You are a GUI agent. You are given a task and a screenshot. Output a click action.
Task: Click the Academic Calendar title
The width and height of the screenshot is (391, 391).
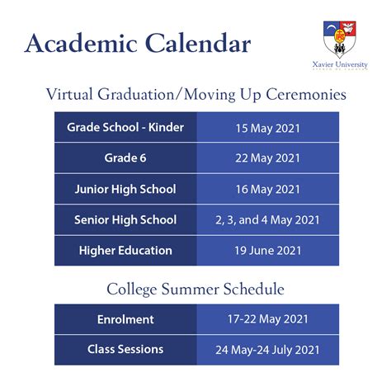point(138,43)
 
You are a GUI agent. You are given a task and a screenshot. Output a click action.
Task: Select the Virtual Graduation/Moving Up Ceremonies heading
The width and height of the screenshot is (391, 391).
point(195,95)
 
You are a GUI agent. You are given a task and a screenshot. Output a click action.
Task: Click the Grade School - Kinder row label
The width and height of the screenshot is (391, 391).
point(125,128)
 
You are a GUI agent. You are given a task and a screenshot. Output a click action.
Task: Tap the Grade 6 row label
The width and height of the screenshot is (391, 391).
point(125,158)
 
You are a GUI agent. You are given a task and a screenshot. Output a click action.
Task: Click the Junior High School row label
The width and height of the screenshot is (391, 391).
point(125,189)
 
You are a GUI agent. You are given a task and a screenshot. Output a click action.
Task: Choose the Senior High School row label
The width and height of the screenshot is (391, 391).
point(125,219)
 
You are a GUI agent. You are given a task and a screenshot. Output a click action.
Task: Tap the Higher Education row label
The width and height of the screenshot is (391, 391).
point(125,250)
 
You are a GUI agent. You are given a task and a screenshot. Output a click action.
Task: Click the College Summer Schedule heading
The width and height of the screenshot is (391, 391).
point(195,290)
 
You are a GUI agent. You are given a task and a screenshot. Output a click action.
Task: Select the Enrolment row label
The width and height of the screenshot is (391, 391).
point(125,318)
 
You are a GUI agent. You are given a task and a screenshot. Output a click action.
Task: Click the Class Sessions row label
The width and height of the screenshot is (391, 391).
point(125,349)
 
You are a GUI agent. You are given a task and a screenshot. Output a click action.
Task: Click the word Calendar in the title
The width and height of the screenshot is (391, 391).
point(192,43)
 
